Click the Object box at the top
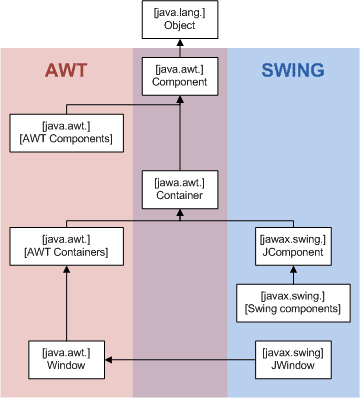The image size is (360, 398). (181, 20)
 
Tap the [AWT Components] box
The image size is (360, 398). (64, 130)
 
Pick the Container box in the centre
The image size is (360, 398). (181, 188)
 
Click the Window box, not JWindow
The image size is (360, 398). (64, 358)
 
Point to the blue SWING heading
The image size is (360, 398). (292, 71)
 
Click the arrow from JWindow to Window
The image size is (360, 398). (180, 358)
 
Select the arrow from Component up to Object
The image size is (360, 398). (181, 47)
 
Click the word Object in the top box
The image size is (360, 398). (181, 27)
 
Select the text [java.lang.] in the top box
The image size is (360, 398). (181, 13)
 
